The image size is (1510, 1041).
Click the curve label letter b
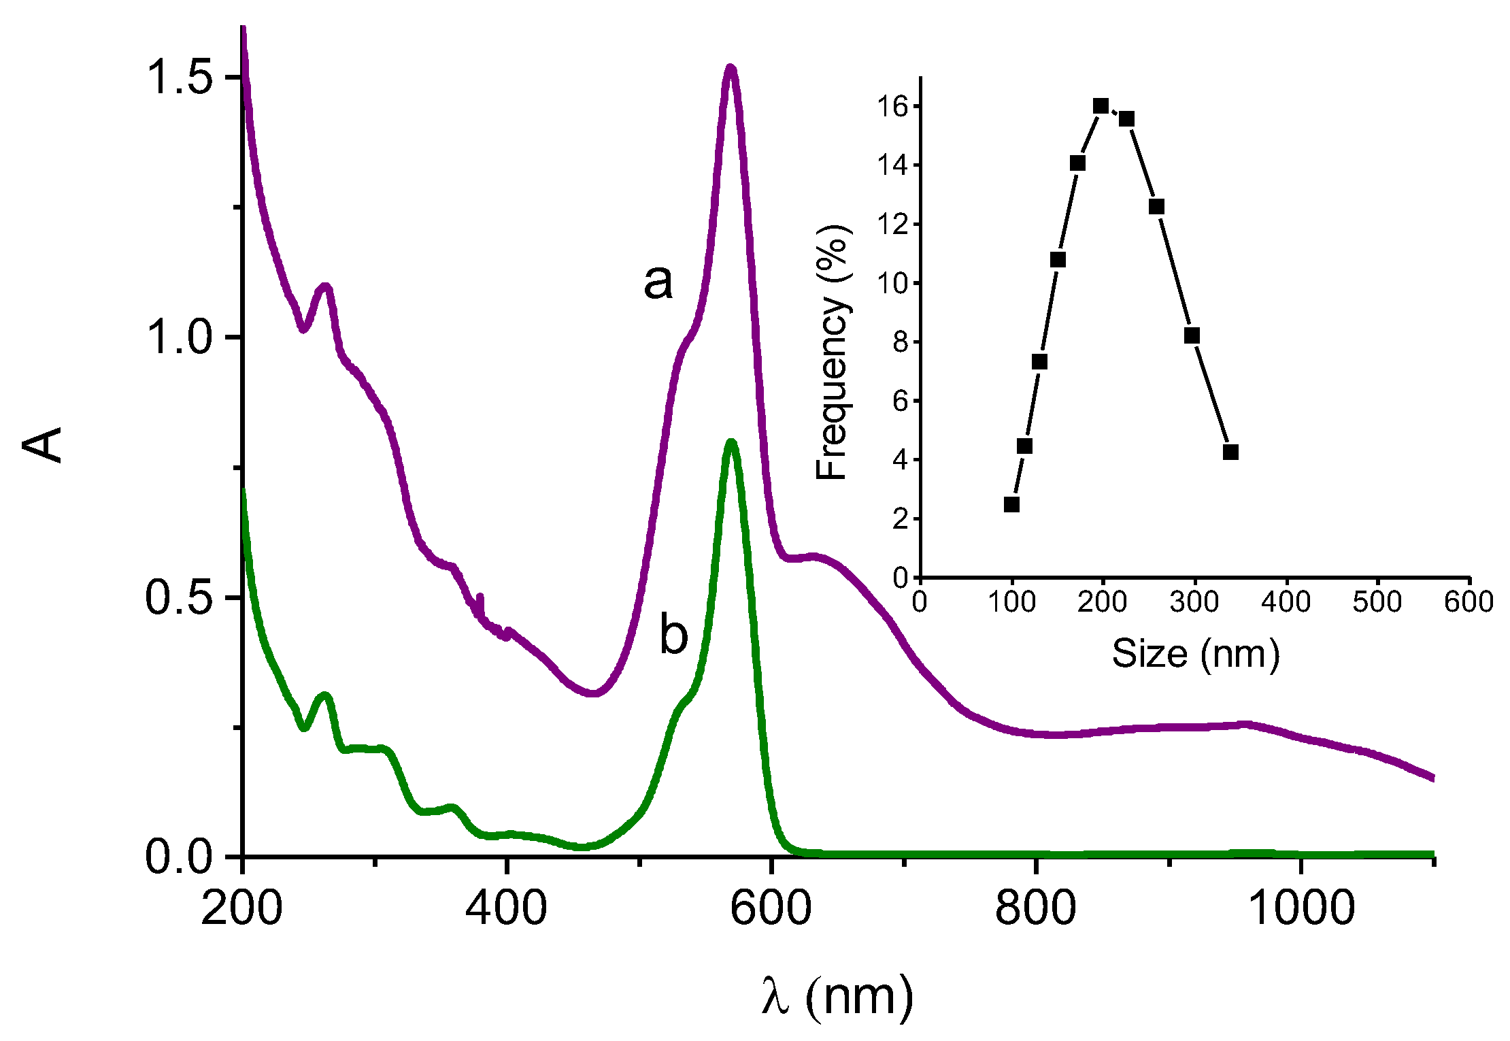pyautogui.click(x=673, y=634)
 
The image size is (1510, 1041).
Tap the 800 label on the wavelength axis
pyautogui.click(x=1035, y=908)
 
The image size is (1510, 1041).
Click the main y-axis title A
pyautogui.click(x=42, y=446)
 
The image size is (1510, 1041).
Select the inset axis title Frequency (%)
pyautogui.click(x=833, y=352)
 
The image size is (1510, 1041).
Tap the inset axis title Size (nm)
pyautogui.click(x=1195, y=655)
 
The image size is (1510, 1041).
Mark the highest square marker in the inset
pyautogui.click(x=1101, y=106)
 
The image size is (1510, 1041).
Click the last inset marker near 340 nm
pyautogui.click(x=1230, y=452)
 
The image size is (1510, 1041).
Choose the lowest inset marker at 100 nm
pyautogui.click(x=1011, y=504)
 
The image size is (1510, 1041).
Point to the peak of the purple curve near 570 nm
pyautogui.click(x=731, y=67)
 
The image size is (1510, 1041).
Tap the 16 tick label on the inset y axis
pyautogui.click(x=892, y=106)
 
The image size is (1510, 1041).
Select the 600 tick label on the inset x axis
pyautogui.click(x=1469, y=602)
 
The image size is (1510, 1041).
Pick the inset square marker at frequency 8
pyautogui.click(x=1191, y=335)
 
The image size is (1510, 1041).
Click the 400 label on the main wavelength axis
pyautogui.click(x=506, y=908)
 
